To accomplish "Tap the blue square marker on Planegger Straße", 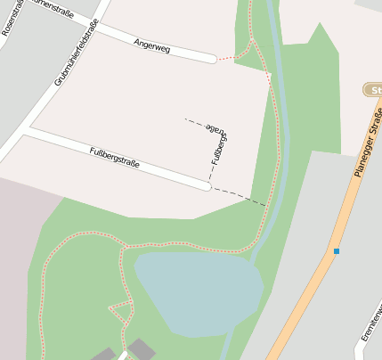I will click(337, 251).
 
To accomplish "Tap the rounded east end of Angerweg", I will click(212, 59).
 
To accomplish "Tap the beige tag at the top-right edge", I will click(374, 90).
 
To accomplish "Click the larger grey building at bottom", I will click(141, 348).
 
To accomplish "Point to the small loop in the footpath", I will click(120, 311).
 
